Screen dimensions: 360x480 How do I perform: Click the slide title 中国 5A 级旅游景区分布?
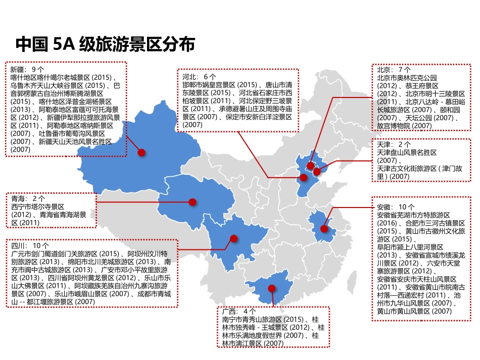(x=105, y=44)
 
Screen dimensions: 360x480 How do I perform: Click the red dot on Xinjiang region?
(x=142, y=152)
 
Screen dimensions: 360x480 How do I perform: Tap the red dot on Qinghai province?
(x=192, y=202)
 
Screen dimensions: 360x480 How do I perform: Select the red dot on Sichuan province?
(x=233, y=238)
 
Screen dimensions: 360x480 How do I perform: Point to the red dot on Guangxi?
(x=271, y=288)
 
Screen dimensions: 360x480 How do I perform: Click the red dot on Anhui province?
(x=324, y=228)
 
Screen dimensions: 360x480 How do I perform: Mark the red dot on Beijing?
(x=311, y=166)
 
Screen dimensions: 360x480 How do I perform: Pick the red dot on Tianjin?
(x=317, y=172)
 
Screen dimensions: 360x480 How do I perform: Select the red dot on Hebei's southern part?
(x=304, y=178)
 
